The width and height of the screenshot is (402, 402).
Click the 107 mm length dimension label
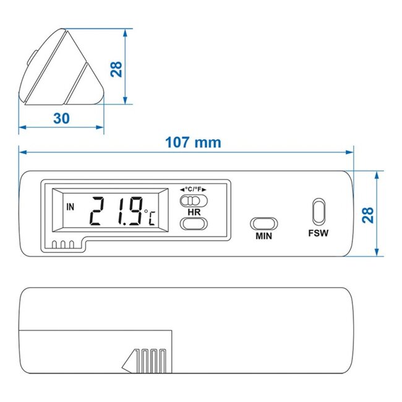tap(193, 142)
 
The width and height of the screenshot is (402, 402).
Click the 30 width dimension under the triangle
tap(61, 118)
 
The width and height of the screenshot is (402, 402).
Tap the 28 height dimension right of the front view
tap(367, 215)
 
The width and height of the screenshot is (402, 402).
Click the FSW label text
tap(319, 233)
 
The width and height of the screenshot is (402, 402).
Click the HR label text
tap(193, 212)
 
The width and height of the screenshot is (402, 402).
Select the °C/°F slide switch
tap(192, 200)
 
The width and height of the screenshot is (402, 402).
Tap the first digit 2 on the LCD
tap(98, 212)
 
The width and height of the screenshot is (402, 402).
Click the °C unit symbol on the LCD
tap(150, 218)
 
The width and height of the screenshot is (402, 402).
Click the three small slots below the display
tap(63, 244)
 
